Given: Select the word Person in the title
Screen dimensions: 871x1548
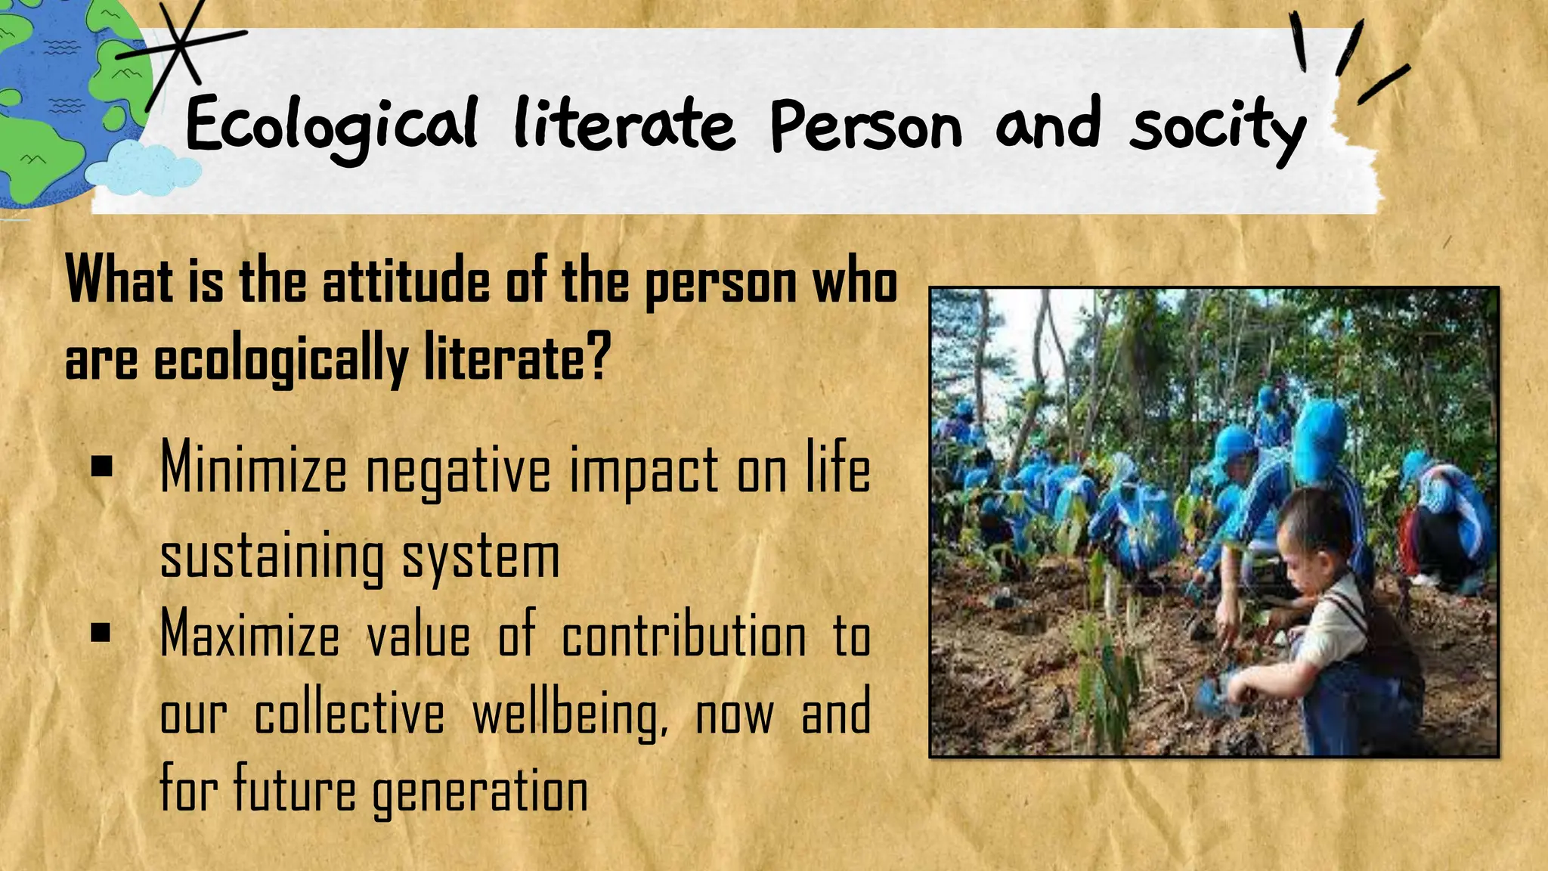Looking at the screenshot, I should coord(866,125).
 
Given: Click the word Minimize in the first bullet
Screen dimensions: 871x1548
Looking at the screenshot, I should coord(253,469).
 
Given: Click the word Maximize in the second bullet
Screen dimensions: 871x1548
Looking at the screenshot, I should coord(250,634).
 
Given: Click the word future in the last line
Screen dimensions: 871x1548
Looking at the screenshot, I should coord(294,790).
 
